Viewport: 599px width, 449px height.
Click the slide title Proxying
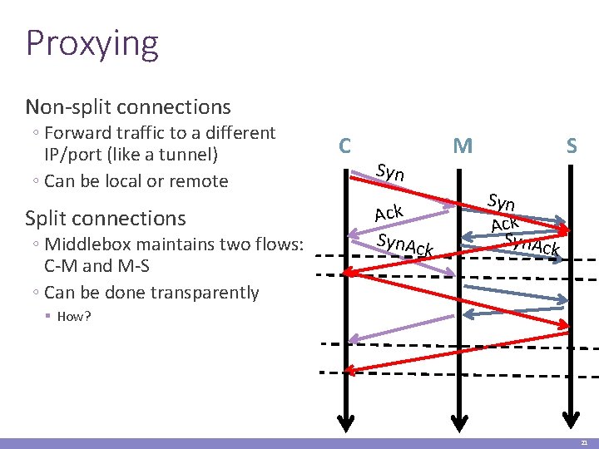92,43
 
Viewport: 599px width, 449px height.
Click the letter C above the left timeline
344,146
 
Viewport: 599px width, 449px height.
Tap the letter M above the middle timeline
463,147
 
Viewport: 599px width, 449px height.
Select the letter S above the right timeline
572,147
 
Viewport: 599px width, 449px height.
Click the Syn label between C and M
390,173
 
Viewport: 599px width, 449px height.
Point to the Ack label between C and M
389,213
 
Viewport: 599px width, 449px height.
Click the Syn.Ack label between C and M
405,244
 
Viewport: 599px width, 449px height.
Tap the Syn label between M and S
502,202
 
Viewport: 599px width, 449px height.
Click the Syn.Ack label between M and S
532,244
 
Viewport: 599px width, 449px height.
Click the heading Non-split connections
128,107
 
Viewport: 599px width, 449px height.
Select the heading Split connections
106,218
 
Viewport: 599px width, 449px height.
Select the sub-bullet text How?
74,317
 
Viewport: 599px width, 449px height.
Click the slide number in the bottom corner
584,443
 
